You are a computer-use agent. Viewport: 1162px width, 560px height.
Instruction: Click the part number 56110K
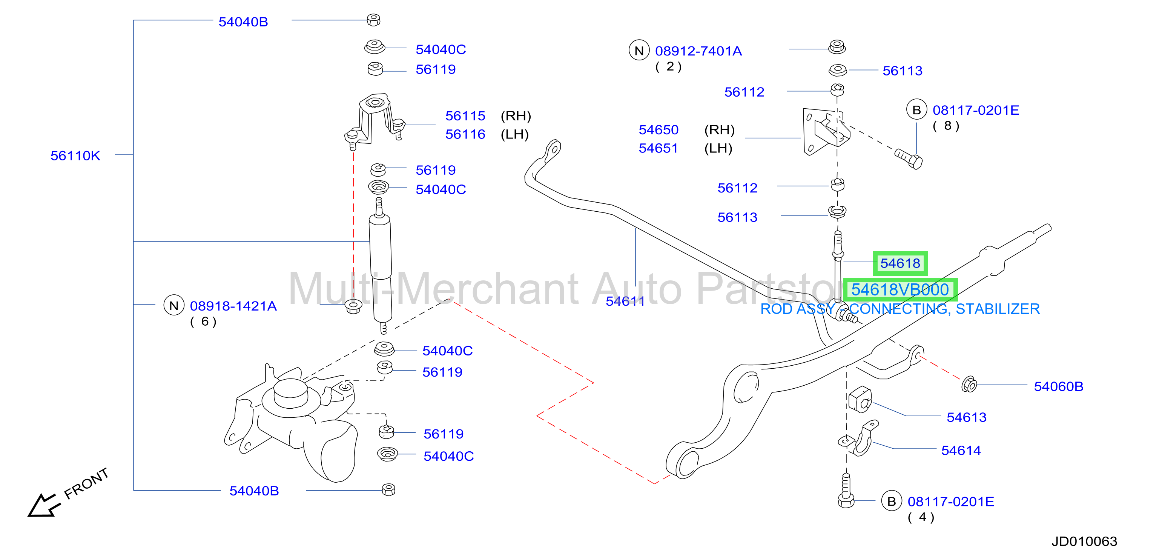[x=75, y=156]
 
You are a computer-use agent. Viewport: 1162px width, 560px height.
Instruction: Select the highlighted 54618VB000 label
[x=900, y=290]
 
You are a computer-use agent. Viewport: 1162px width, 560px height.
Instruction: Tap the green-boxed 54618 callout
[x=900, y=263]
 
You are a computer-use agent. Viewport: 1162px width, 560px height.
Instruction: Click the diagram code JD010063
[x=1084, y=541]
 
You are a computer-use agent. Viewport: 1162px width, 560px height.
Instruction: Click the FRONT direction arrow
[x=43, y=505]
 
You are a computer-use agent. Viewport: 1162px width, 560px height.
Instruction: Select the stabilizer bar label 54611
[x=625, y=301]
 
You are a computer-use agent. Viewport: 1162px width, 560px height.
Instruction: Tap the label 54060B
[x=1058, y=386]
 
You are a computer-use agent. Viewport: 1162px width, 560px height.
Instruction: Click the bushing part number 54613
[x=966, y=417]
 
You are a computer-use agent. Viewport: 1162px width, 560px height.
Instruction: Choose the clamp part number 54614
[x=961, y=450]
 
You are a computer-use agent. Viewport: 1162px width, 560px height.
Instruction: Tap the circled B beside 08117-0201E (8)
[x=916, y=110]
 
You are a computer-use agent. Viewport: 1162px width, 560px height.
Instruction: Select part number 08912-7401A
[x=698, y=51]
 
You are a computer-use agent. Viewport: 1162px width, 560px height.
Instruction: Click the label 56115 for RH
[x=465, y=116]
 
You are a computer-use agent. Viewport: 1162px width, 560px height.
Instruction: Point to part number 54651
[x=658, y=148]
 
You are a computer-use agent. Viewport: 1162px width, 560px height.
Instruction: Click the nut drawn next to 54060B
[x=969, y=385]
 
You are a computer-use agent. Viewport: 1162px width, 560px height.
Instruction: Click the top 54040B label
[x=243, y=22]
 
